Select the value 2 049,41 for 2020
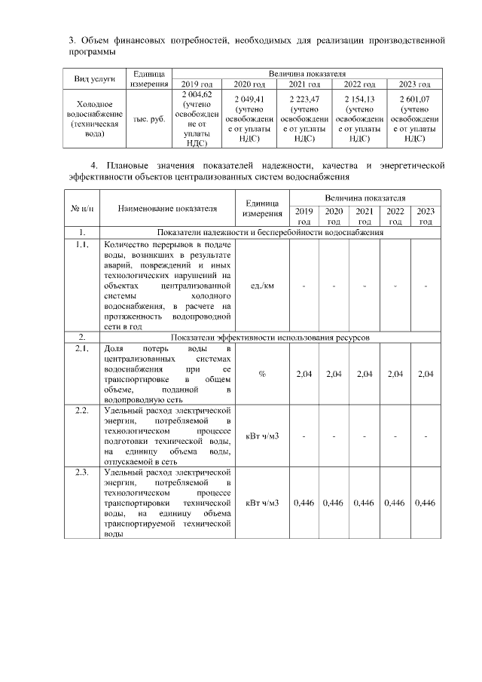(249, 99)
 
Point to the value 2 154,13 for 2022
(359, 99)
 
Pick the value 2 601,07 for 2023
(414, 99)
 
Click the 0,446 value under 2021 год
(365, 503)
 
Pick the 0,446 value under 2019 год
(304, 503)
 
